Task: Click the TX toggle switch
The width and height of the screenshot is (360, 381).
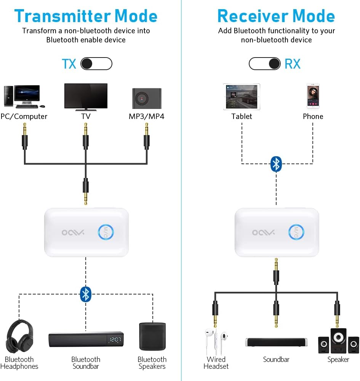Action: click(x=96, y=64)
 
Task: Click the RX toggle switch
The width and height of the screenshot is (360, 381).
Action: click(x=265, y=64)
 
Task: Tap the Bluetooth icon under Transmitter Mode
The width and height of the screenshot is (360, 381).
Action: click(x=86, y=294)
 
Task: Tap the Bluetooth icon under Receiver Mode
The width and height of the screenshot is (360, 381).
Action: click(x=276, y=164)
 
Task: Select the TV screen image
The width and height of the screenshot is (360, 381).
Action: click(x=86, y=96)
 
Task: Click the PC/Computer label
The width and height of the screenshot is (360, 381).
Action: click(x=24, y=117)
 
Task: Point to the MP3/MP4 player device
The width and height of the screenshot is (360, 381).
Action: click(x=147, y=99)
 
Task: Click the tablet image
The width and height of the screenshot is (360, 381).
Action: click(x=242, y=97)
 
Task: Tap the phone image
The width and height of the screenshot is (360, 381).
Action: click(x=313, y=96)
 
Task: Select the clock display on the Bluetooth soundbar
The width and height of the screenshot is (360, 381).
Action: click(x=115, y=340)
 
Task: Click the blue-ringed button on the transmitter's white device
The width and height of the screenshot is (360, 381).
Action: click(x=106, y=232)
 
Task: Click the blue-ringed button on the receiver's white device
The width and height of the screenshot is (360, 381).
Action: click(x=296, y=232)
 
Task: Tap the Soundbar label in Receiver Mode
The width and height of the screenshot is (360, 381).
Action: click(x=276, y=359)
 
